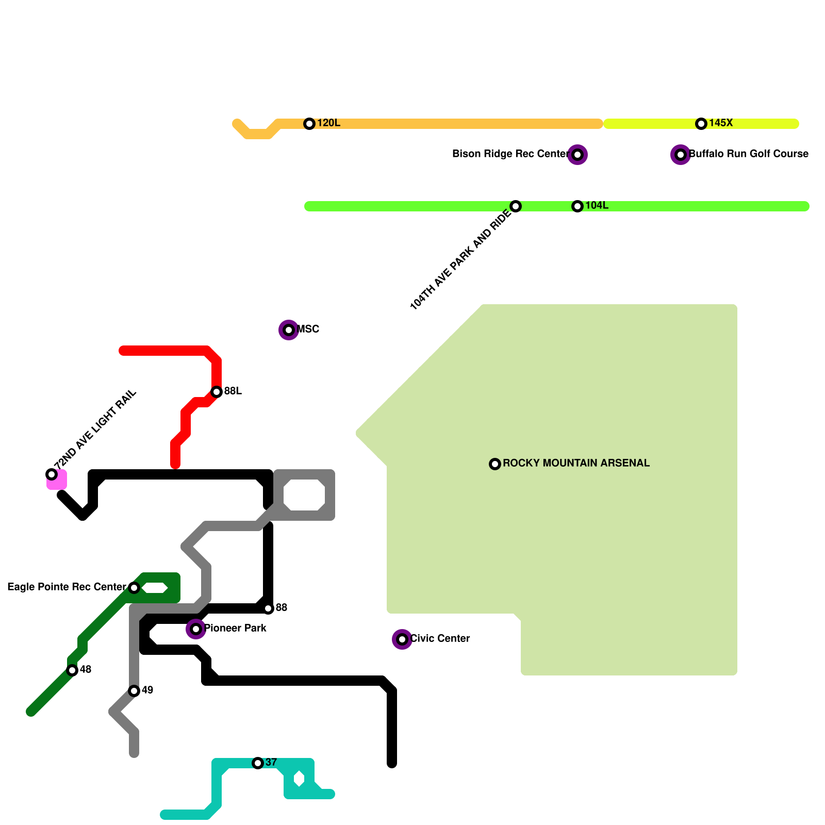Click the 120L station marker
pyautogui.click(x=309, y=124)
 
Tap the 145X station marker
pyautogui.click(x=701, y=124)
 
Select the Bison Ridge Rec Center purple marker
pyautogui.click(x=577, y=155)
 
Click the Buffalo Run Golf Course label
pyautogui.click(x=749, y=154)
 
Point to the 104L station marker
pyautogui.click(x=577, y=206)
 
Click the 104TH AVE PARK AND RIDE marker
pyautogui.click(x=516, y=206)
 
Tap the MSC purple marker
pyautogui.click(x=289, y=330)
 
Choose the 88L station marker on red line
pyautogui.click(x=217, y=392)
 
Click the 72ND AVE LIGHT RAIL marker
pyautogui.click(x=52, y=474)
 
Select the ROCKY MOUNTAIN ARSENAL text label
pyautogui.click(x=576, y=464)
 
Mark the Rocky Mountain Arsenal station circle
pyautogui.click(x=495, y=464)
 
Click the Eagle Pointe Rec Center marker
pyautogui.click(x=134, y=588)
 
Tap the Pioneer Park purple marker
pyautogui.click(x=196, y=629)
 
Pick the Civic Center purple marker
pyautogui.click(x=402, y=639)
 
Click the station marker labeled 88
pyautogui.click(x=268, y=608)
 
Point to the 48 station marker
pyautogui.click(x=72, y=670)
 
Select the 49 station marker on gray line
pyautogui.click(x=134, y=691)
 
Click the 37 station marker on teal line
pyautogui.click(x=258, y=763)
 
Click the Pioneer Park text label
pyautogui.click(x=235, y=629)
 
